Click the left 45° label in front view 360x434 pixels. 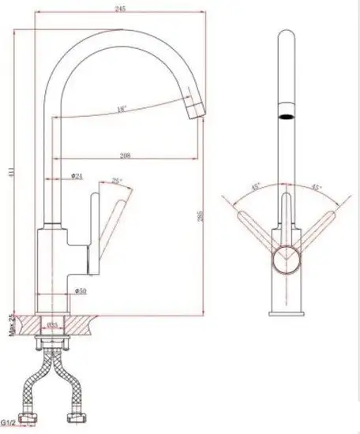pyautogui.click(x=257, y=187)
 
